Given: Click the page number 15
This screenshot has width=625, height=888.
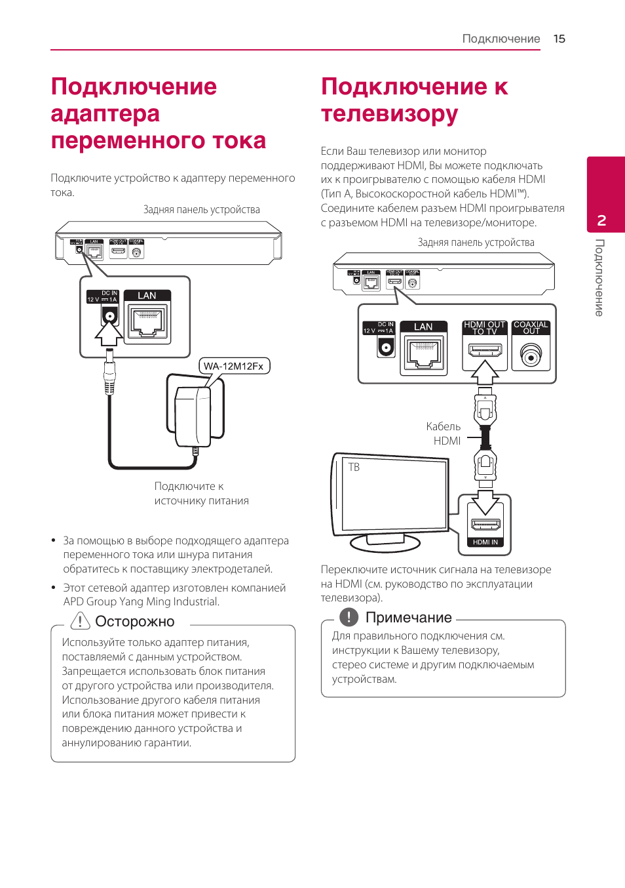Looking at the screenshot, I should (559, 39).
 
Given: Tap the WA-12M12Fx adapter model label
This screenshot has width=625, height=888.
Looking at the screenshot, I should (234, 366).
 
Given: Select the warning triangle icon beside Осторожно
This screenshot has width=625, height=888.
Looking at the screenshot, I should (80, 620).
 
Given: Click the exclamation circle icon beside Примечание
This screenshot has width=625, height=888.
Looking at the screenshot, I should (349, 616).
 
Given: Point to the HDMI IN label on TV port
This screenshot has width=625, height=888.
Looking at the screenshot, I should (485, 542).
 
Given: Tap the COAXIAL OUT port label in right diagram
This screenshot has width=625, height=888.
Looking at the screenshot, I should (531, 327).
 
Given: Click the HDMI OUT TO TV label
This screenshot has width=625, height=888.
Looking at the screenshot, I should (484, 327).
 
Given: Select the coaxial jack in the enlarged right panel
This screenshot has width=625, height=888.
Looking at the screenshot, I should (531, 357).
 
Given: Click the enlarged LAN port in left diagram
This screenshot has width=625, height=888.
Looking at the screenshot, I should (147, 322).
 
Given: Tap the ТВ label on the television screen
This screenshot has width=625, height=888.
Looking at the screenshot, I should (354, 468).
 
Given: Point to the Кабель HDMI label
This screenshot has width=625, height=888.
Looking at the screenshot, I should (444, 434).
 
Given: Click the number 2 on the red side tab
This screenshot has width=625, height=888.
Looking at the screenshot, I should (601, 220).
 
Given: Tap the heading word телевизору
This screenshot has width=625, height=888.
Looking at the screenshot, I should (389, 114).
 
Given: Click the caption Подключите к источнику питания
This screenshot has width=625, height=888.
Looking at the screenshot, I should (201, 493).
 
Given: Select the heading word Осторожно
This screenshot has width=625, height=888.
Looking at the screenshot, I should (135, 621).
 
